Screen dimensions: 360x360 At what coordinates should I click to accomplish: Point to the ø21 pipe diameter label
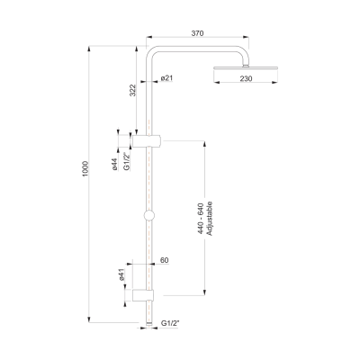(167, 79)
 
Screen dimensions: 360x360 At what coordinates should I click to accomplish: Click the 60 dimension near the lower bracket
(164, 260)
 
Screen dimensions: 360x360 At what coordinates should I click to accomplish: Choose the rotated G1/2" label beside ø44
(127, 161)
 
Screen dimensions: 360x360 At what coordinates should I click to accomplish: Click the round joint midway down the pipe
(148, 215)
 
